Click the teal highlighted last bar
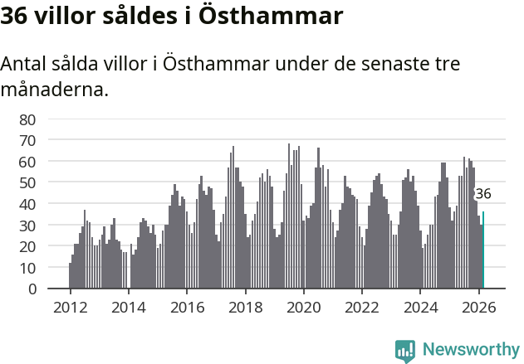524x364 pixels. [483, 250]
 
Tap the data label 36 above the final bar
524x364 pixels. [482, 194]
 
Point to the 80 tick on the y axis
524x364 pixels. [27, 119]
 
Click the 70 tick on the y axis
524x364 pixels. [27, 140]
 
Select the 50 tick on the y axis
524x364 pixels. [27, 182]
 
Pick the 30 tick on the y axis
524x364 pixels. [27, 226]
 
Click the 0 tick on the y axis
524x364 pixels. [32, 289]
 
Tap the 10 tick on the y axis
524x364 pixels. [27, 268]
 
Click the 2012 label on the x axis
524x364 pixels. [70, 306]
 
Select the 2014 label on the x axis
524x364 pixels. [128, 306]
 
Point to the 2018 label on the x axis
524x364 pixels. [245, 306]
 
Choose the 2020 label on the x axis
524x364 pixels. [303, 306]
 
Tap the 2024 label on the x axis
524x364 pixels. [420, 306]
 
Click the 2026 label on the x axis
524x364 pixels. [478, 306]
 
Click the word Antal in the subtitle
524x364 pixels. [25, 65]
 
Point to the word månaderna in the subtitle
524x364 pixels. [55, 89]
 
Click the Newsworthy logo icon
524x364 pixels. [405, 351]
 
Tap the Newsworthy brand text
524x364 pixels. [470, 350]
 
